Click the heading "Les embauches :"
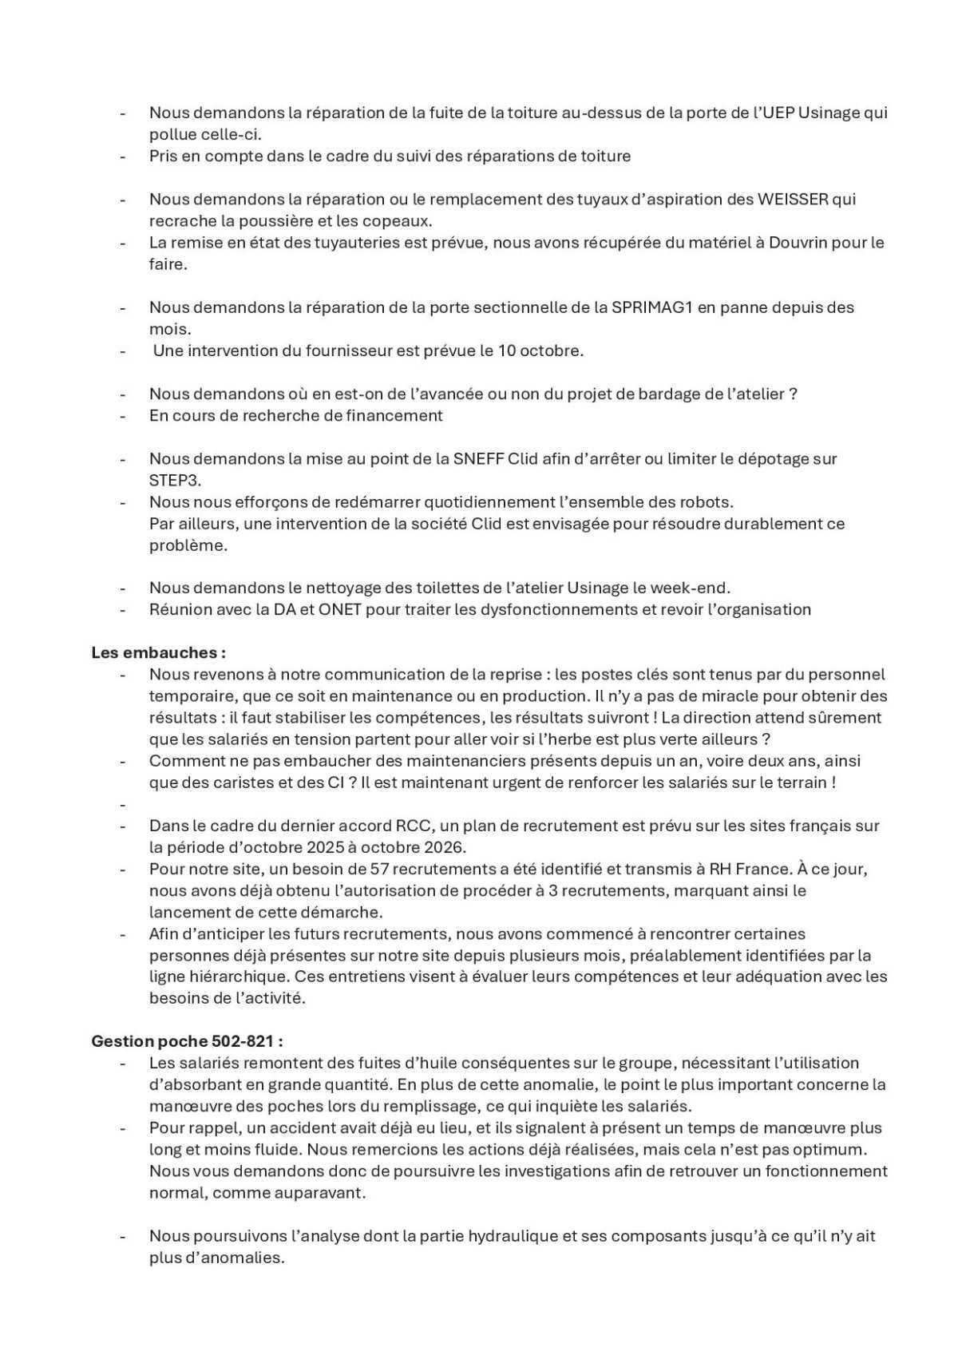158,652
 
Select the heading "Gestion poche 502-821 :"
187,1041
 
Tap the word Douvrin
799,242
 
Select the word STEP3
175,481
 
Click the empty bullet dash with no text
124,805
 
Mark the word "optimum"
830,1150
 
